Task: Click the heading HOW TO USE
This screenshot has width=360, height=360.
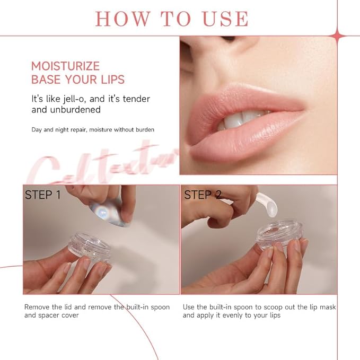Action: click(x=171, y=18)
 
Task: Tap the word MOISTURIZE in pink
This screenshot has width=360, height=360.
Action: click(x=65, y=66)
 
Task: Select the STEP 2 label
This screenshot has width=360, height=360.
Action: click(x=203, y=195)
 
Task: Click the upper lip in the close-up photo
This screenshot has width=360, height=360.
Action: click(x=249, y=103)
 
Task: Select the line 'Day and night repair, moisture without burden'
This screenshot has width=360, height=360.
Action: click(x=93, y=129)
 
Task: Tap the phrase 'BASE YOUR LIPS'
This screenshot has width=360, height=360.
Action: click(x=78, y=80)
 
